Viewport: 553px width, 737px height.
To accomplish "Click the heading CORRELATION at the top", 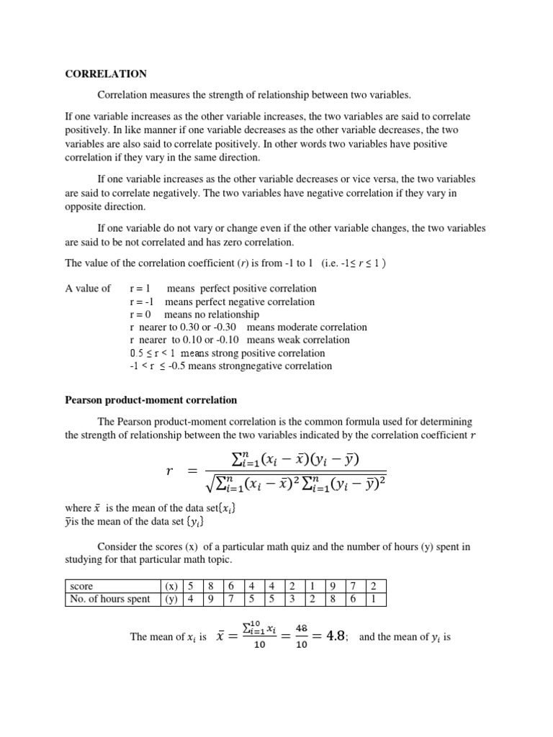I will tap(106, 74).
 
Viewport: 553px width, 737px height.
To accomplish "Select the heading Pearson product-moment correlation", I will tap(151, 399).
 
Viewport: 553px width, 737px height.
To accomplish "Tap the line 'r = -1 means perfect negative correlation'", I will tap(222, 302).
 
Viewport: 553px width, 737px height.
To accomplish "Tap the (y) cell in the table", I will tap(171, 599).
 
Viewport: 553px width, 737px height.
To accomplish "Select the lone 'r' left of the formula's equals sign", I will tap(170, 471).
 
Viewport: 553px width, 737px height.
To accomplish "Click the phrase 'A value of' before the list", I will tap(88, 289).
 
